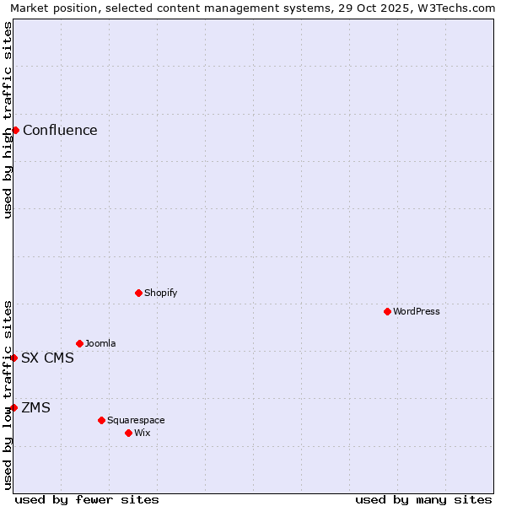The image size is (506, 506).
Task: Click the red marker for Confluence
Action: pos(15,130)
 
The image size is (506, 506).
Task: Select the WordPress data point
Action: pos(387,311)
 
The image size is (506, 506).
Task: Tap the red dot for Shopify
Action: pos(138,293)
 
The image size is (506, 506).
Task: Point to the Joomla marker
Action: pos(79,343)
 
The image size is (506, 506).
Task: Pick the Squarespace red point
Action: pos(101,420)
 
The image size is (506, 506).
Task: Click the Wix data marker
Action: pos(128,433)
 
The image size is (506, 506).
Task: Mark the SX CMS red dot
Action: pos(13,358)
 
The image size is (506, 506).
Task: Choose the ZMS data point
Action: pos(13,407)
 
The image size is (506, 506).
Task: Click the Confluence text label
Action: pos(60,130)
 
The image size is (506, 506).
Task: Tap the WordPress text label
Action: pos(417,311)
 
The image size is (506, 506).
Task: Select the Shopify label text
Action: pos(160,293)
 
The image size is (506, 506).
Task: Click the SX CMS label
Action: pos(47,358)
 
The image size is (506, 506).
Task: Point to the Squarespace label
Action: pos(136,420)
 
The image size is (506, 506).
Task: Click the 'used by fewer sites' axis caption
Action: pos(87,499)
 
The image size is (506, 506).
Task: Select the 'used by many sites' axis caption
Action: pos(423,499)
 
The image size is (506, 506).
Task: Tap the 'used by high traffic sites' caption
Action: pos(8,120)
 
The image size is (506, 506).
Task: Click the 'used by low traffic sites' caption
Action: pos(8,395)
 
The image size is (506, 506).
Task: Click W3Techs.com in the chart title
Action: pos(462,8)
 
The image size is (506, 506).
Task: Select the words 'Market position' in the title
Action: pos(50,8)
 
